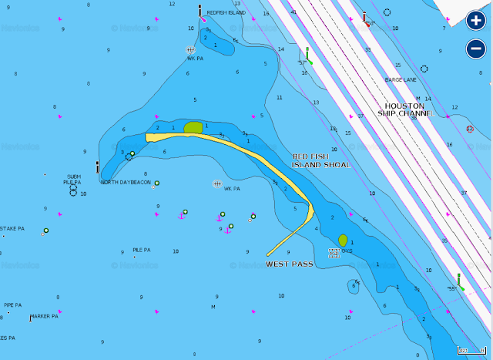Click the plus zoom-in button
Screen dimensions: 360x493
click(x=475, y=20)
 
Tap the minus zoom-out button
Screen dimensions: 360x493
click(x=475, y=49)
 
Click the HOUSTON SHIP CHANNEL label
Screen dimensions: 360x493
click(x=404, y=109)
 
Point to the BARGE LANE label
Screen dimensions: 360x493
click(x=401, y=80)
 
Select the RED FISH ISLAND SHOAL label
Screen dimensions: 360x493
click(x=320, y=160)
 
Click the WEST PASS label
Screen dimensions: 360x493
click(x=289, y=264)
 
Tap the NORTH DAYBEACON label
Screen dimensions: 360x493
click(x=126, y=183)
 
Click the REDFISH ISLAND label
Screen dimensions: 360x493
click(x=226, y=13)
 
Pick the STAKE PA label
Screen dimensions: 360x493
click(x=12, y=228)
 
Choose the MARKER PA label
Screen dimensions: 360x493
click(x=45, y=316)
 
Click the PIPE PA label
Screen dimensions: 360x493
click(x=12, y=304)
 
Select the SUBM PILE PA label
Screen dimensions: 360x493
click(x=73, y=180)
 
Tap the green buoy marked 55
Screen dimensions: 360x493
click(x=459, y=283)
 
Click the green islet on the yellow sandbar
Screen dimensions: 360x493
click(x=193, y=127)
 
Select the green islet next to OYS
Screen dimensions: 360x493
click(x=343, y=241)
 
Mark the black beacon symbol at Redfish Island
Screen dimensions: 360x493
click(x=200, y=11)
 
